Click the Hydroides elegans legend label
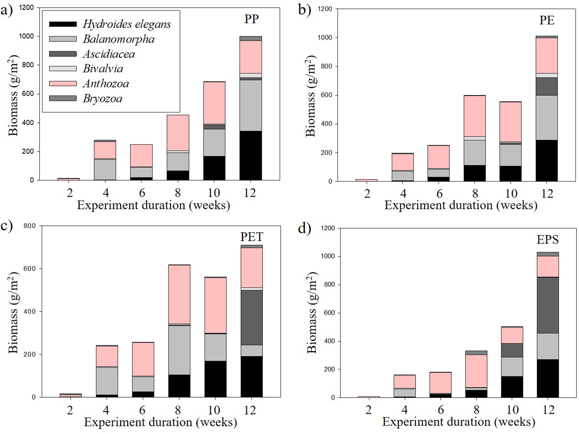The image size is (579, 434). tap(127, 24)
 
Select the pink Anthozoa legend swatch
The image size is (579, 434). tap(63, 83)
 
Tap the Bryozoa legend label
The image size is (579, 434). tap(103, 98)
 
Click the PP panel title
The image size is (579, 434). tap(251, 19)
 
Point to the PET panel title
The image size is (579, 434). tap(251, 237)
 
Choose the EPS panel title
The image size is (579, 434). tap(548, 240)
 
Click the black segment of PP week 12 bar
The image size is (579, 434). tap(251, 156)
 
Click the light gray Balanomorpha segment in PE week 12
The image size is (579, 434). tap(547, 118)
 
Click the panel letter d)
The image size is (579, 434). tap(304, 229)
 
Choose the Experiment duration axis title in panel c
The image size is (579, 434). tap(160, 422)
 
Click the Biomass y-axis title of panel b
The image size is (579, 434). tap(311, 95)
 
